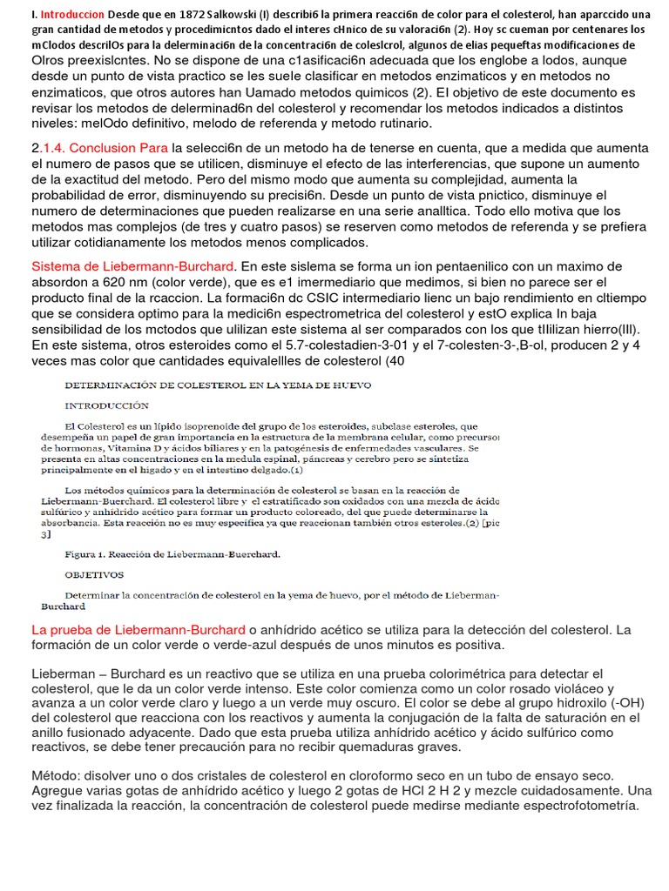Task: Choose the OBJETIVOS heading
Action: pos(95,574)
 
